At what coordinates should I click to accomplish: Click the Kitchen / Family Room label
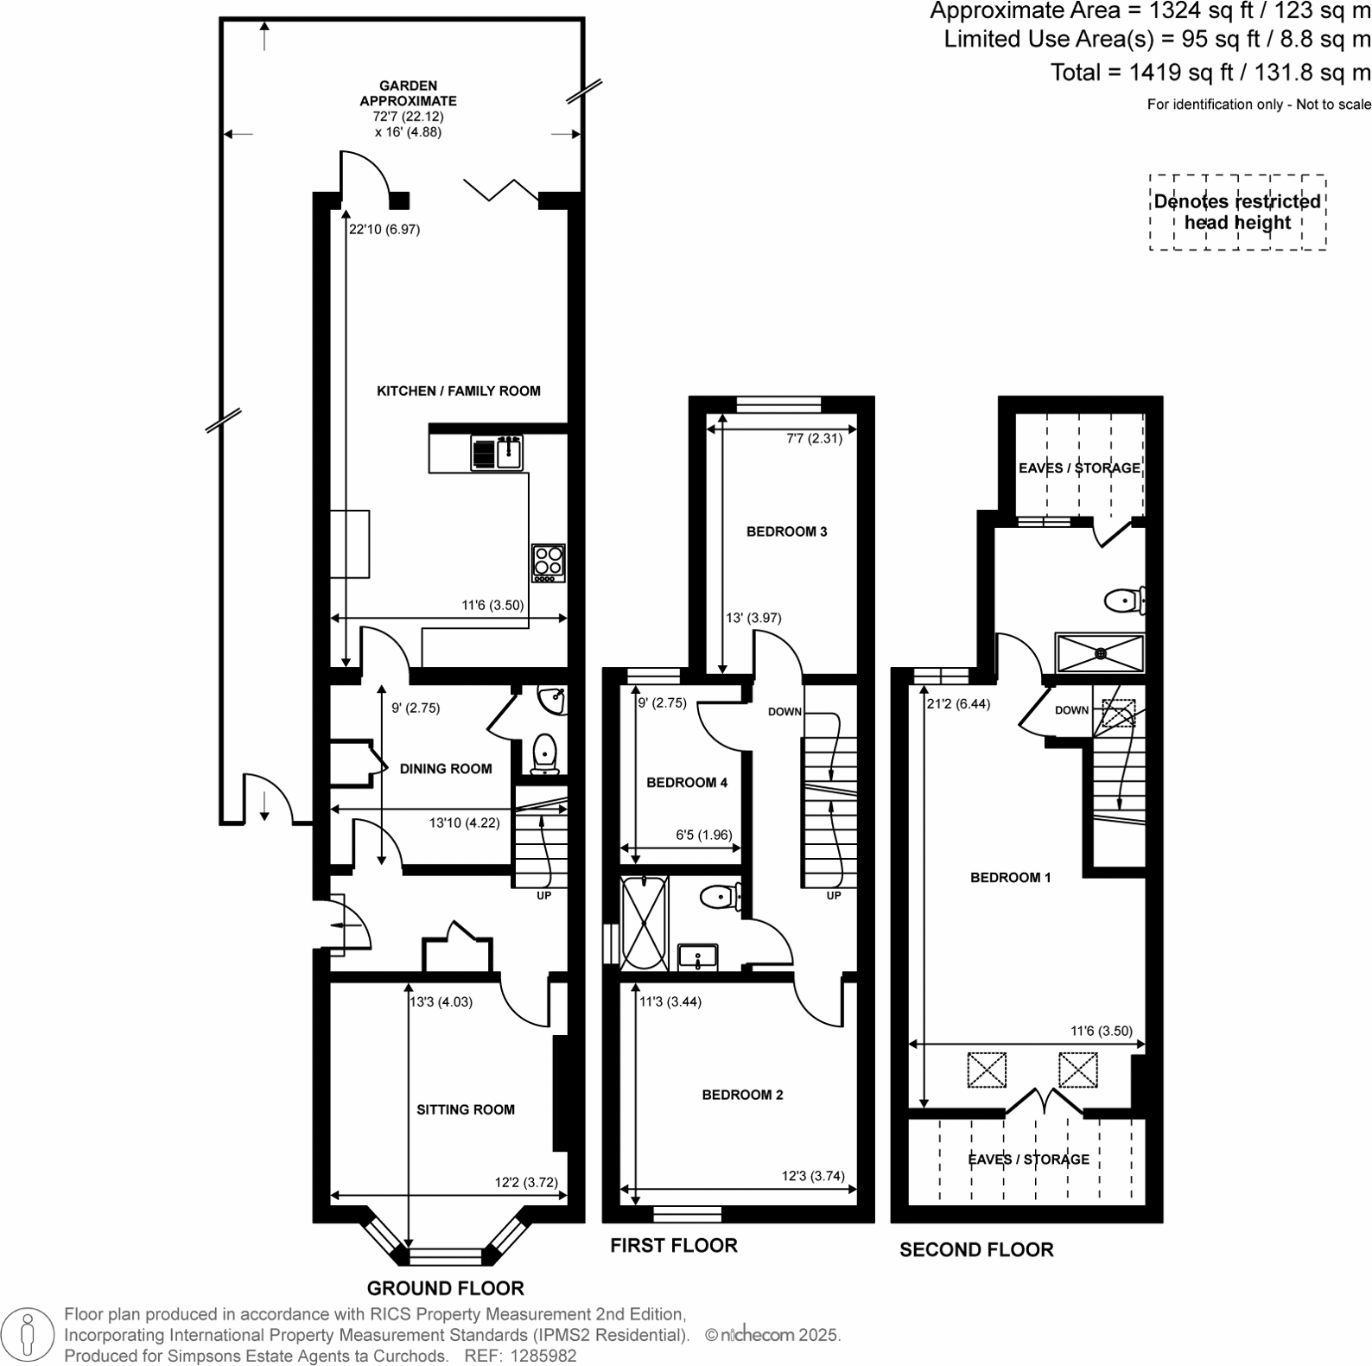pos(458,391)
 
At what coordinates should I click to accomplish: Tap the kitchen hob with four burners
pos(548,562)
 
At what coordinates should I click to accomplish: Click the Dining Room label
pos(446,769)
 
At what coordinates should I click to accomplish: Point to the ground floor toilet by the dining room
pos(544,753)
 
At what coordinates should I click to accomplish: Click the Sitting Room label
pos(466,1109)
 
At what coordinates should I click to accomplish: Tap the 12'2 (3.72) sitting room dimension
pos(526,1183)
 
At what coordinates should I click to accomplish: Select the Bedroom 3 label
pos(786,531)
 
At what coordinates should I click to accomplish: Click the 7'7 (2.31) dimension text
pos(814,438)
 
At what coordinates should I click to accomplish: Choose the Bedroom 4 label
pos(687,783)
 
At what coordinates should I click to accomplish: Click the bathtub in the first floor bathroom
pos(645,923)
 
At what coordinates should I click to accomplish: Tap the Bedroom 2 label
pos(742,1095)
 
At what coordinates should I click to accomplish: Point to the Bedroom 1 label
pos(1010,878)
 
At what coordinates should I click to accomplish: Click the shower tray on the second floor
pos(1100,653)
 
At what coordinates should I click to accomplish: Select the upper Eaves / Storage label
pos(1079,468)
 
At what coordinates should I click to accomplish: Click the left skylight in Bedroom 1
pos(987,1070)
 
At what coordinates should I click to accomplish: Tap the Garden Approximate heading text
pos(408,93)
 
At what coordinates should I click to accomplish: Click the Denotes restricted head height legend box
pos(1237,213)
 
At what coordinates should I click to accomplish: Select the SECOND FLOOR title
pos(976,1250)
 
